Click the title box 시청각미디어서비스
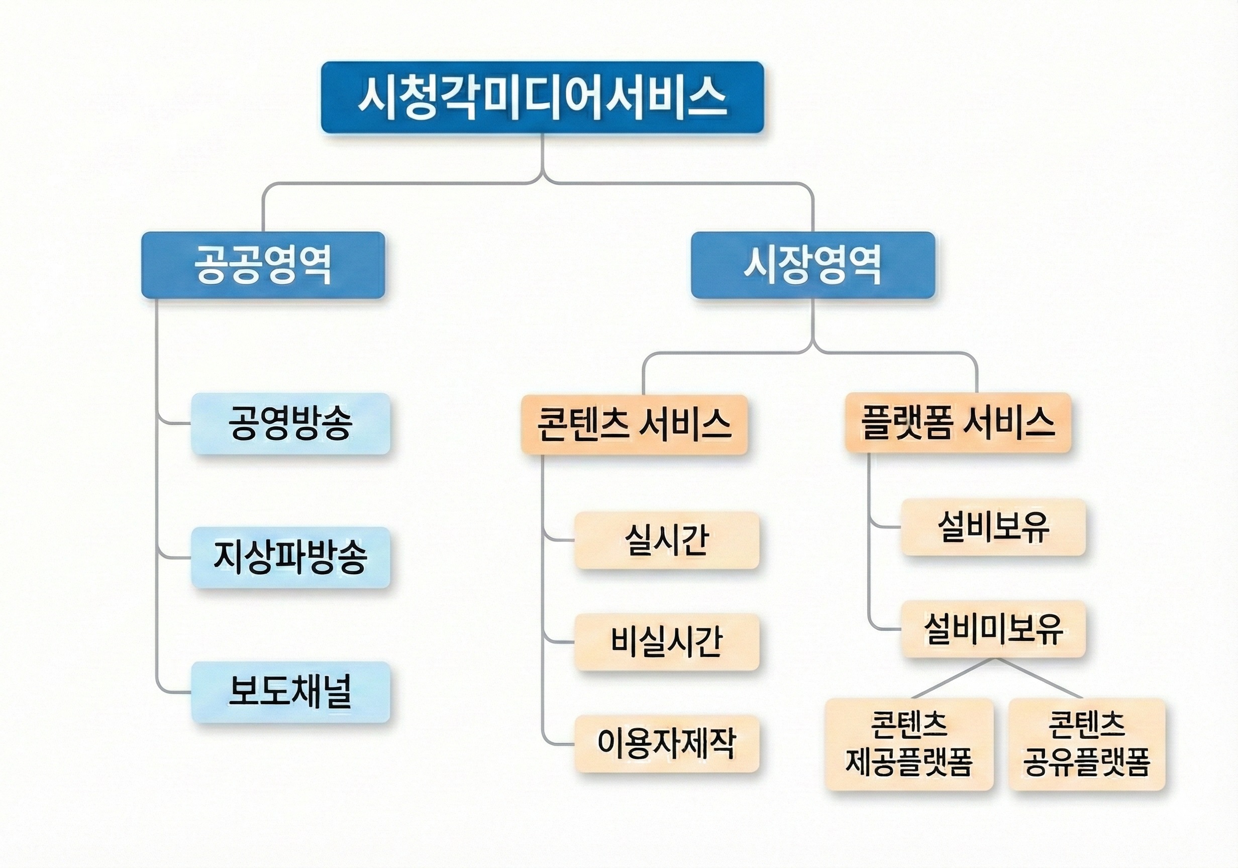(x=543, y=97)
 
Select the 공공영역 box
(x=263, y=265)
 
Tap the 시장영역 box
(x=812, y=265)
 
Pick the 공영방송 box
(x=290, y=424)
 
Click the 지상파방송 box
(x=290, y=558)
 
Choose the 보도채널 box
(x=290, y=692)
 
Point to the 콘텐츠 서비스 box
(x=634, y=424)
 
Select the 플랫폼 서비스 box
(x=958, y=422)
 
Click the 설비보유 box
(x=993, y=527)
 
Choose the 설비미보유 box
(x=993, y=628)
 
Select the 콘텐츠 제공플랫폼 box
(x=909, y=744)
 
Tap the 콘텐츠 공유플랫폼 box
(x=1087, y=744)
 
